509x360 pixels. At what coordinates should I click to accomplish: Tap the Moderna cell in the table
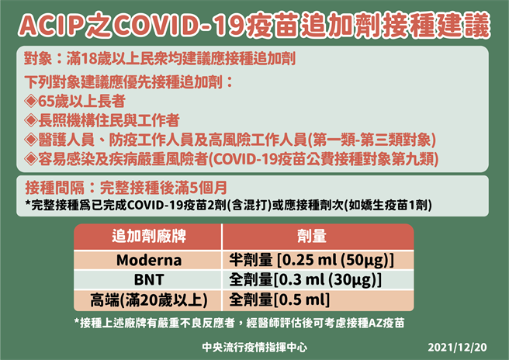(x=147, y=260)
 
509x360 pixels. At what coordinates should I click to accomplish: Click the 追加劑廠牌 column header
(x=147, y=237)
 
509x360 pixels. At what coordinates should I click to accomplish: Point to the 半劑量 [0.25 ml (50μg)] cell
(x=312, y=260)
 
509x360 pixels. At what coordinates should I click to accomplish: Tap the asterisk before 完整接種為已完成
(x=28, y=206)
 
